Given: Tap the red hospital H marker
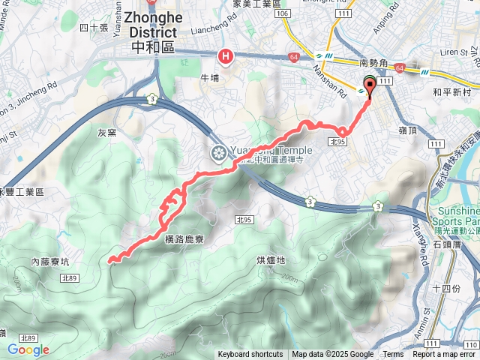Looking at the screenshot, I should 225,55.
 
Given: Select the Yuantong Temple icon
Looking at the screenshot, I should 219,154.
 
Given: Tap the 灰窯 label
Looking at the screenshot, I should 107,133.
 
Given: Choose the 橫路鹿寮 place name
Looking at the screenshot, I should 184,238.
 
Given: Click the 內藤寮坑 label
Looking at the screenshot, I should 50,262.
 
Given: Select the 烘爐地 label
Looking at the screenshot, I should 271,260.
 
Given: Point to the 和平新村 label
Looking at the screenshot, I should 451,93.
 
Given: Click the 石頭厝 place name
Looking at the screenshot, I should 448,245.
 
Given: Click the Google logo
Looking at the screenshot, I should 28,349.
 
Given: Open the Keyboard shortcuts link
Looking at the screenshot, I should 250,355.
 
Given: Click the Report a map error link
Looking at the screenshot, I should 443,355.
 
